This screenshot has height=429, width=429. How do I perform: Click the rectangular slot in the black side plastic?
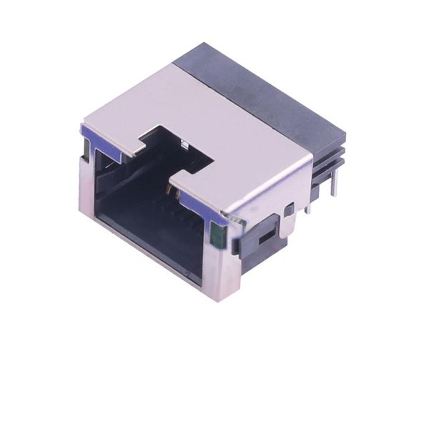point(265,236)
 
